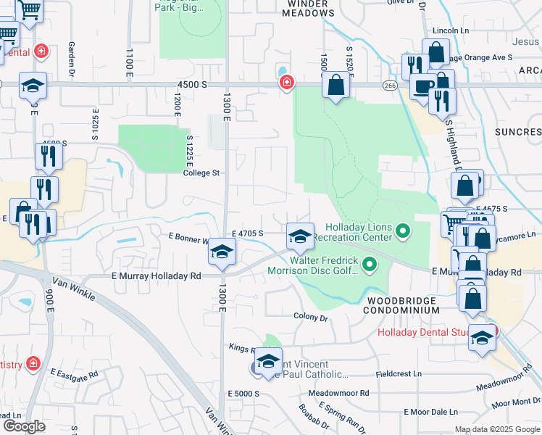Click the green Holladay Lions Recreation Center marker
tap(404, 232)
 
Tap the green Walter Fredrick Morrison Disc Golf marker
tap(370, 265)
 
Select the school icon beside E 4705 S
tap(300, 236)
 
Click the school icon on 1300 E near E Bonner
tap(222, 252)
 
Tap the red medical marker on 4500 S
tap(287, 83)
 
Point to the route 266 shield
tap(390, 85)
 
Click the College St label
tap(201, 173)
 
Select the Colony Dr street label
tap(311, 317)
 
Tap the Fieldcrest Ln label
tap(399, 374)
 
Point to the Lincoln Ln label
tap(451, 31)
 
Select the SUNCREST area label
tap(517, 132)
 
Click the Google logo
tap(24, 426)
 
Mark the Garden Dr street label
tap(72, 52)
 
